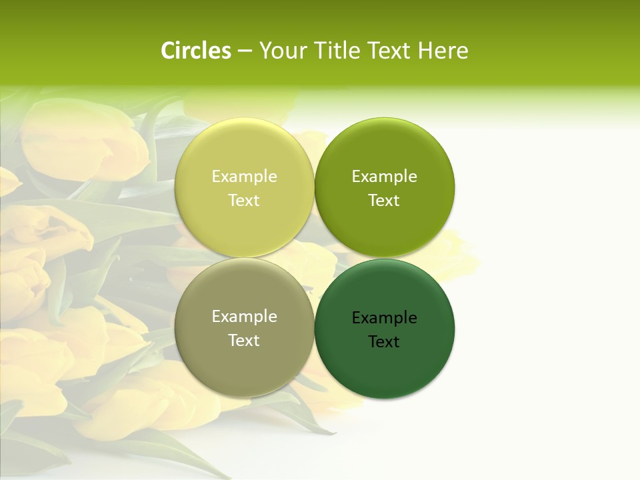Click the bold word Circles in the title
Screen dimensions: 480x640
click(x=196, y=51)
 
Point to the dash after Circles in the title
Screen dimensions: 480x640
click(x=245, y=51)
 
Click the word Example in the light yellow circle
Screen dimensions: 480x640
click(x=244, y=177)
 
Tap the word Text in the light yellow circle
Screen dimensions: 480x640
click(x=244, y=201)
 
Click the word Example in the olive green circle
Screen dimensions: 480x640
click(x=384, y=177)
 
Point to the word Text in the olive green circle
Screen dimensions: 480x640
click(x=384, y=201)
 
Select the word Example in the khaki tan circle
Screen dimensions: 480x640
click(x=244, y=317)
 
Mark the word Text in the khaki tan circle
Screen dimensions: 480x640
click(x=244, y=341)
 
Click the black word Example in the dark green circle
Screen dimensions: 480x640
click(x=384, y=318)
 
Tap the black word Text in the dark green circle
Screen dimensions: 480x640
click(x=384, y=342)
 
